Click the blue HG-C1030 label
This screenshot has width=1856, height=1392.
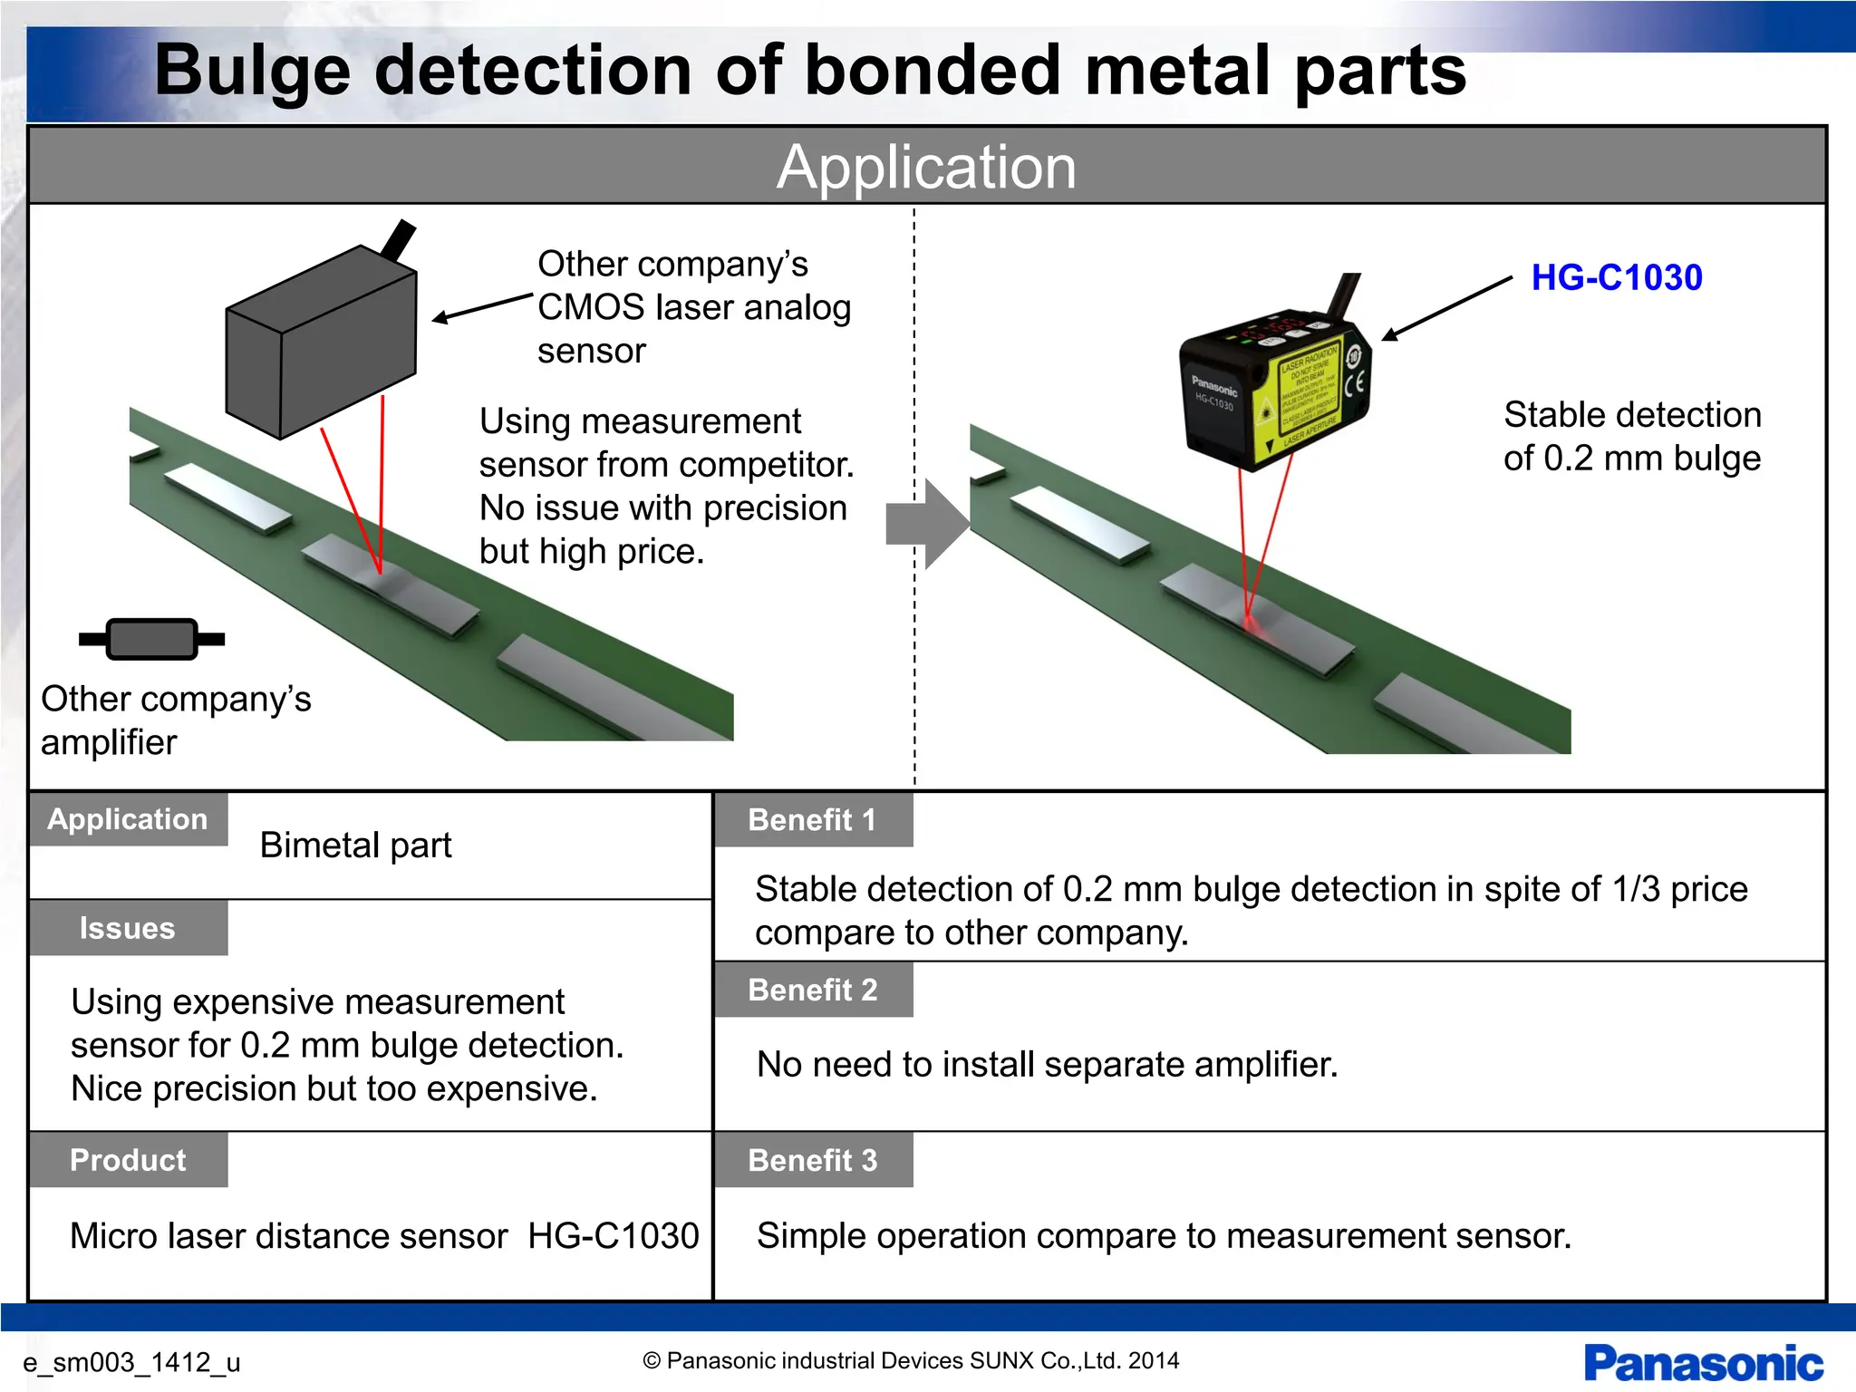click(1616, 277)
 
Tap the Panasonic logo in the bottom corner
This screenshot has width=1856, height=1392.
click(1703, 1363)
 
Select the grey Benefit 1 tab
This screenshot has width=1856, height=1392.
click(813, 820)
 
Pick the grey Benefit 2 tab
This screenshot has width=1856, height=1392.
click(813, 990)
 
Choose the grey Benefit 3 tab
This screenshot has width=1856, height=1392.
click(813, 1160)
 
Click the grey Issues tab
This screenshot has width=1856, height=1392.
click(128, 928)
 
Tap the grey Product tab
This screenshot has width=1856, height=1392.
click(128, 1160)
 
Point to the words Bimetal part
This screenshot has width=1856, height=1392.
click(355, 846)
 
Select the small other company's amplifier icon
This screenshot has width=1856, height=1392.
click(151, 639)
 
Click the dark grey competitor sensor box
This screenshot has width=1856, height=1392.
click(322, 344)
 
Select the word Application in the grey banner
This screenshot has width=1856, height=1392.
click(926, 167)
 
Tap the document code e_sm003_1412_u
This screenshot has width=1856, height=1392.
click(131, 1362)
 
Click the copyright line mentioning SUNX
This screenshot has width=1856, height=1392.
click(911, 1360)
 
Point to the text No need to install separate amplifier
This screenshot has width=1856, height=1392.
click(1047, 1065)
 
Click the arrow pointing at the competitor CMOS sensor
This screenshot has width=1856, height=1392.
click(481, 306)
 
